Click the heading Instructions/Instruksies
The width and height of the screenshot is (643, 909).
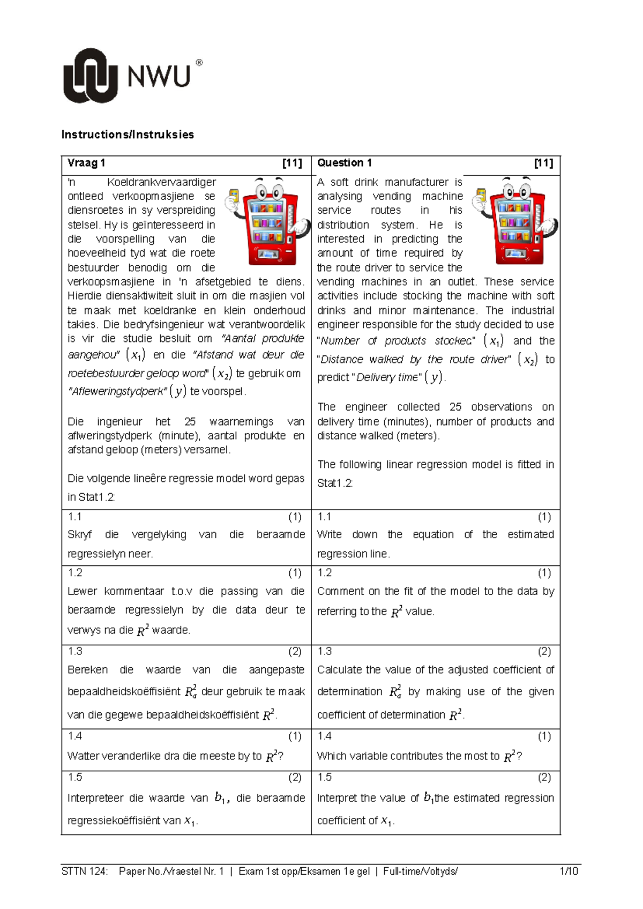pyautogui.click(x=128, y=135)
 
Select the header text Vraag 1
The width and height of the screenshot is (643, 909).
pyautogui.click(x=86, y=163)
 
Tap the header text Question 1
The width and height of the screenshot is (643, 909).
pyautogui.click(x=344, y=163)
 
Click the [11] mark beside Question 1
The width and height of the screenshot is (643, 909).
pyautogui.click(x=543, y=163)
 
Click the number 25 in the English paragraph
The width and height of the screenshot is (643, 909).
pyautogui.click(x=455, y=407)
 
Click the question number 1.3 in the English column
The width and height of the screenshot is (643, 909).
pyautogui.click(x=325, y=651)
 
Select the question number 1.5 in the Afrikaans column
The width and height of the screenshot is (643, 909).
pyautogui.click(x=75, y=777)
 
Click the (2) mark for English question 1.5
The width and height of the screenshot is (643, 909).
pyautogui.click(x=544, y=777)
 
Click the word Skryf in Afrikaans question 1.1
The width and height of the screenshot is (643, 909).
pyautogui.click(x=80, y=534)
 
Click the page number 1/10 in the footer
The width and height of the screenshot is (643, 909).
pyautogui.click(x=568, y=871)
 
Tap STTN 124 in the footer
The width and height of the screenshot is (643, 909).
pyautogui.click(x=85, y=871)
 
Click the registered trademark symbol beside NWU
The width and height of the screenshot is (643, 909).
pyautogui.click(x=199, y=63)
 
